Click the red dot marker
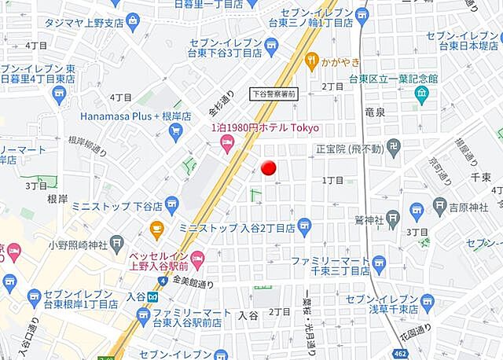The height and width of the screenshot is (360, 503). pos(268,167)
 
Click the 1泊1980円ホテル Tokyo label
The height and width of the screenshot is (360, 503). pos(264,127)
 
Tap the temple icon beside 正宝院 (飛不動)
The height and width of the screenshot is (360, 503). pos(393,146)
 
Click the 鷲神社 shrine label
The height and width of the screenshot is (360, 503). pos(368,219)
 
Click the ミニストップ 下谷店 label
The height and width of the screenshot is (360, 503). pos(117,206)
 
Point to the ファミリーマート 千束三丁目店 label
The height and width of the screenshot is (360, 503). pos(330,265)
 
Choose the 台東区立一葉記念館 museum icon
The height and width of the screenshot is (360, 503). pos(421,94)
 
